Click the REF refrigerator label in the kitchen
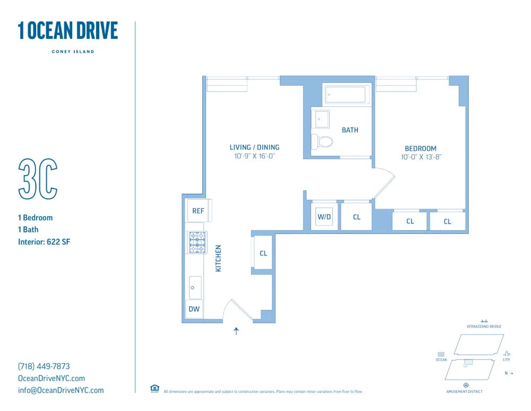pyautogui.click(x=198, y=211)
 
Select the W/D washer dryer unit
pyautogui.click(x=324, y=217)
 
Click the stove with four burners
pyautogui.click(x=197, y=242)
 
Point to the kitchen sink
pyautogui.click(x=195, y=288)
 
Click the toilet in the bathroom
pyautogui.click(x=323, y=141)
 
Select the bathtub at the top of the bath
pyautogui.click(x=346, y=95)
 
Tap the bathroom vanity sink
pyautogui.click(x=321, y=119)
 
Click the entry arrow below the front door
pyautogui.click(x=236, y=331)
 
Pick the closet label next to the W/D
pyautogui.click(x=356, y=217)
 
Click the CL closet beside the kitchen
pyautogui.click(x=263, y=253)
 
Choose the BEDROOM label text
pyautogui.click(x=421, y=149)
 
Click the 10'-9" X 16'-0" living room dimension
pyautogui.click(x=254, y=156)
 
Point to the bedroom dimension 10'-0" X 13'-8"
pyautogui.click(x=421, y=157)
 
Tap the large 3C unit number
pyautogui.click(x=38, y=179)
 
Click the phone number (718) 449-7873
pyautogui.click(x=44, y=366)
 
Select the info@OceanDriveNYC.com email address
pyautogui.click(x=61, y=390)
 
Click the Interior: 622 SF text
pyautogui.click(x=44, y=242)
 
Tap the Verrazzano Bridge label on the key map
pyautogui.click(x=484, y=326)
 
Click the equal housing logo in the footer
pyautogui.click(x=155, y=389)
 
